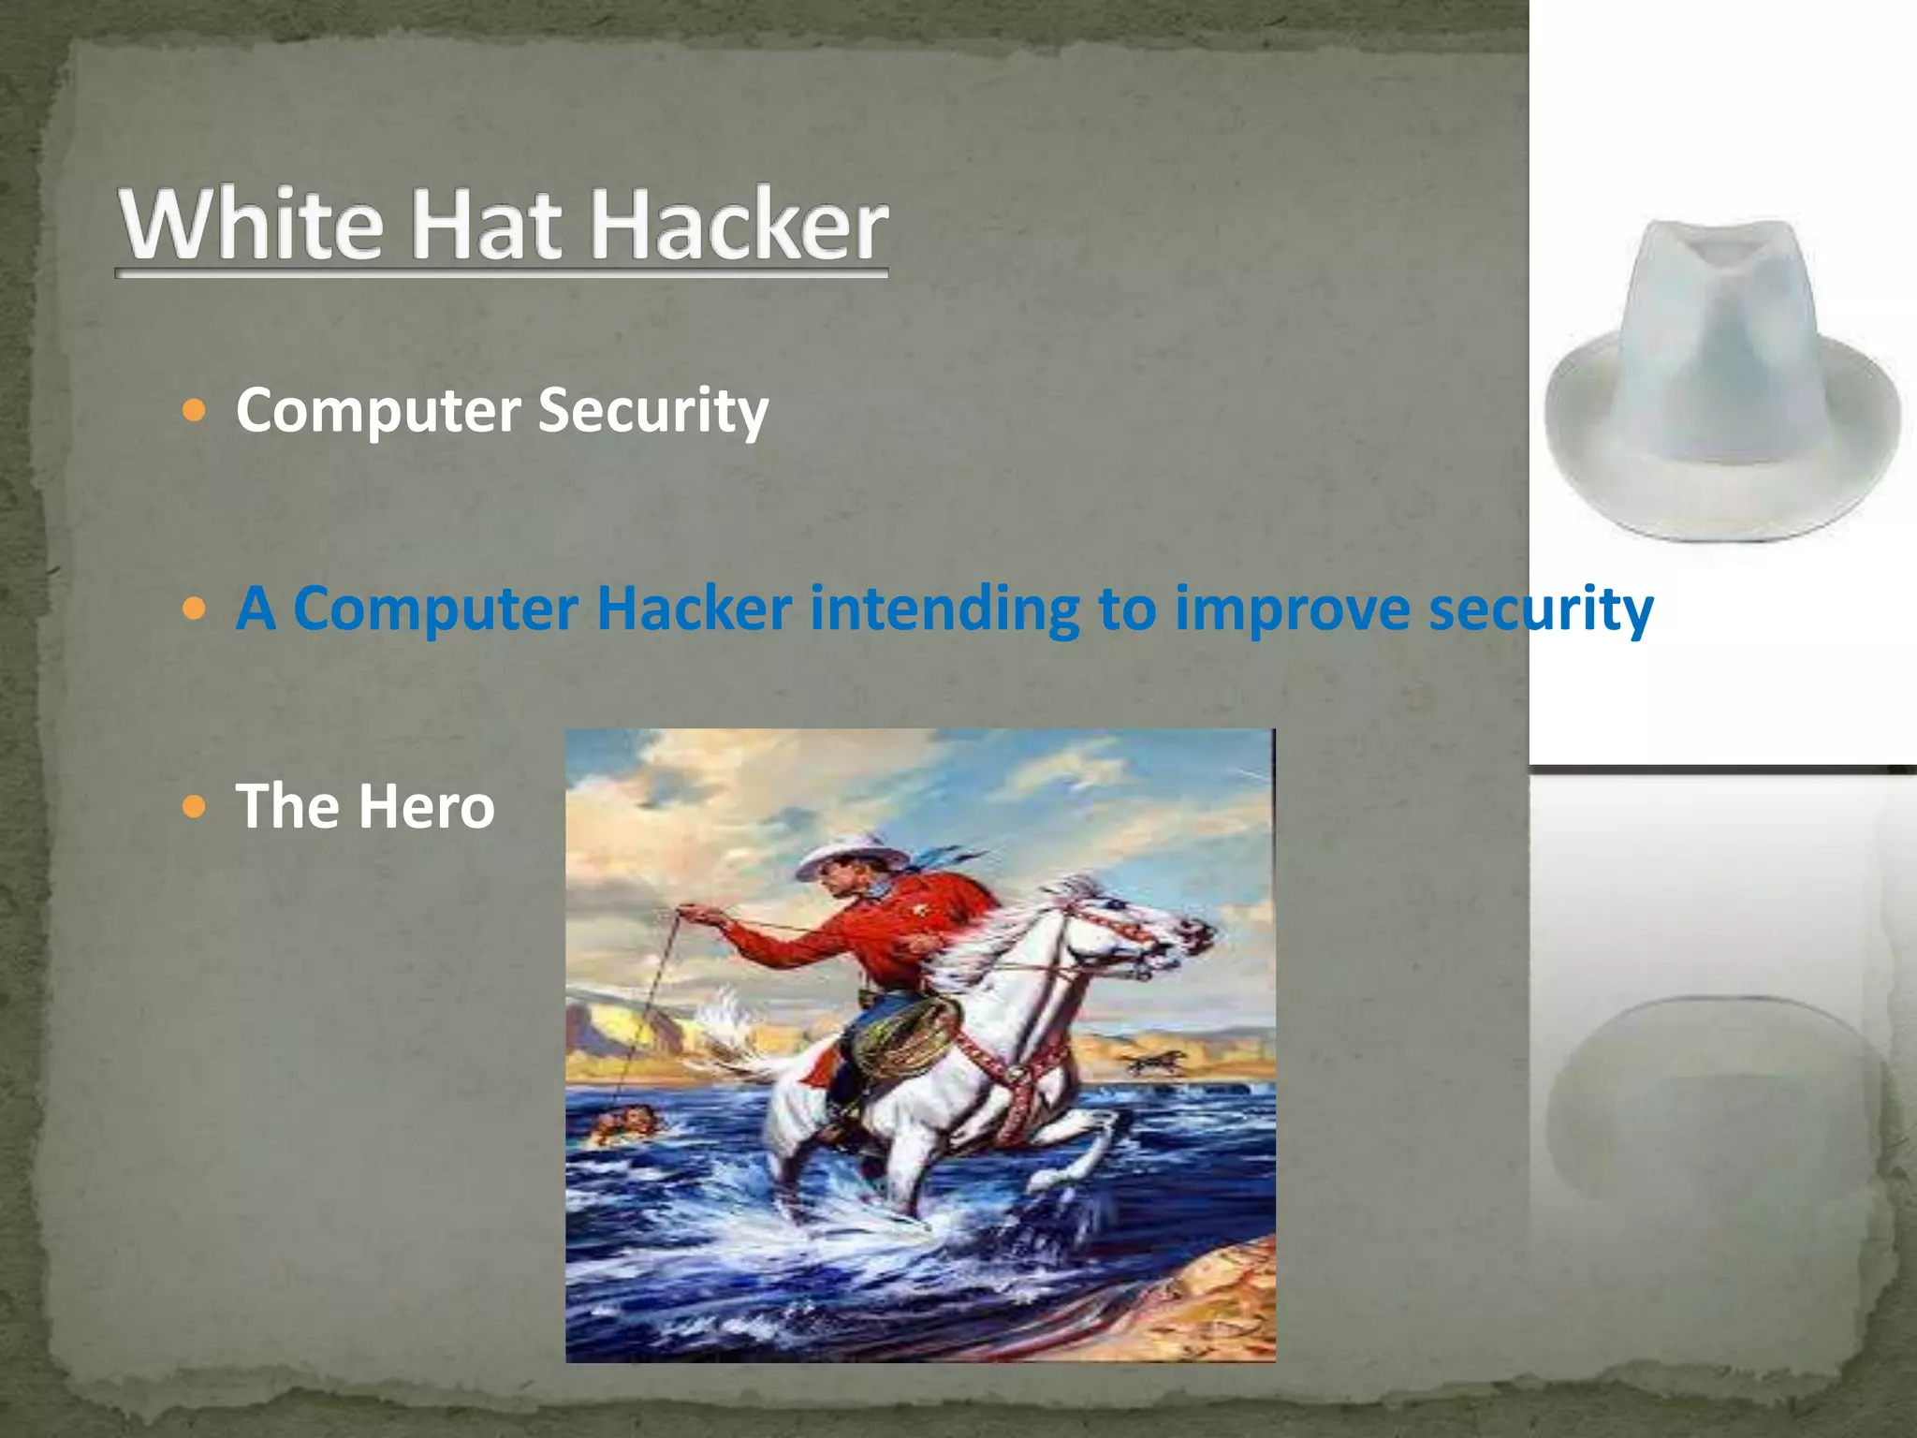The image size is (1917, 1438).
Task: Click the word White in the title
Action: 251,225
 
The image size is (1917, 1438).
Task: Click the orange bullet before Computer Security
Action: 194,410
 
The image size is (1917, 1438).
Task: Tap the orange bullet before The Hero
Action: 194,806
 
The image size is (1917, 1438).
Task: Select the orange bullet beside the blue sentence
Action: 194,609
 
